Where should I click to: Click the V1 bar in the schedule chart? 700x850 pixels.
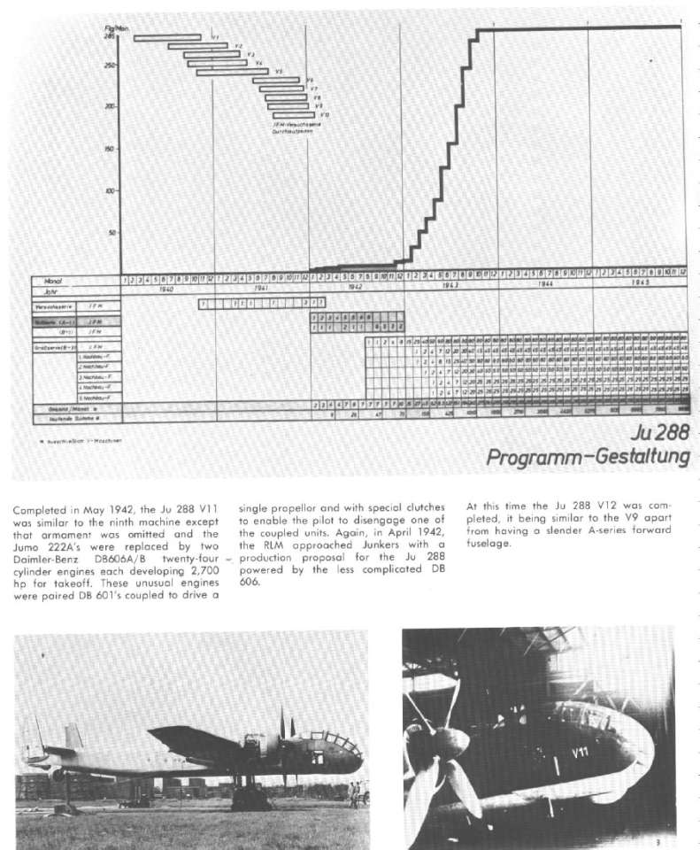[x=167, y=36]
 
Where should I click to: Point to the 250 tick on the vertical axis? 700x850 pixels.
[x=111, y=65]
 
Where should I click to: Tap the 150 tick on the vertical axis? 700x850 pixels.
[x=111, y=149]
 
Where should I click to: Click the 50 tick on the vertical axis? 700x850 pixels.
[x=112, y=234]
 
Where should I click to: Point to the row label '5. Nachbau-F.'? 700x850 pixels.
[x=94, y=398]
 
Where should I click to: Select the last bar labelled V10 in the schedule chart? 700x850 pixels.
[x=293, y=115]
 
